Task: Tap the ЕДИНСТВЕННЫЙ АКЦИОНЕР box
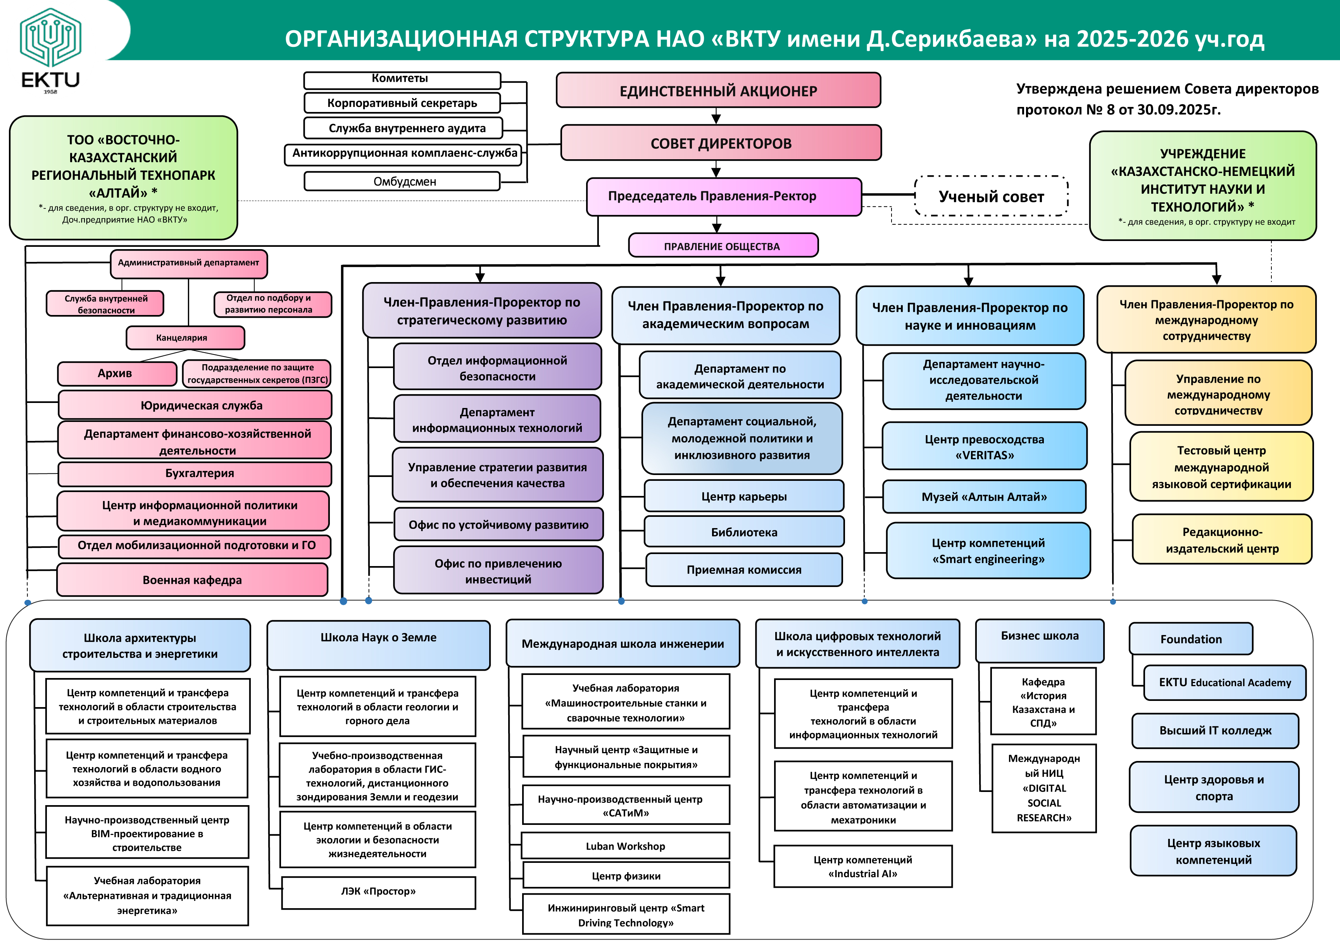point(718,90)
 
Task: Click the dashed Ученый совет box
point(991,196)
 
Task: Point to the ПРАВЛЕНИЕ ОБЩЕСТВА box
point(723,246)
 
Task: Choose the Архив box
point(117,374)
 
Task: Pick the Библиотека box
point(743,532)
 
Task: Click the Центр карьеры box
point(743,496)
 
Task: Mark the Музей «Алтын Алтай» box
point(984,497)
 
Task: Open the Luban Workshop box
point(626,846)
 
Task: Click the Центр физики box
point(626,876)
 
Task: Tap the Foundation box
point(1191,639)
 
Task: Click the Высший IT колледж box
point(1215,730)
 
